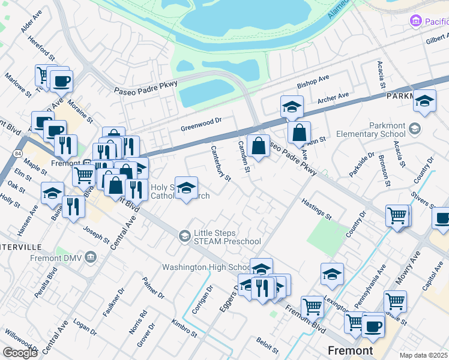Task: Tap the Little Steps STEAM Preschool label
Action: [x=227, y=237]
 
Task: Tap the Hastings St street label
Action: [x=316, y=209]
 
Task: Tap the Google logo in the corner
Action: [x=20, y=352]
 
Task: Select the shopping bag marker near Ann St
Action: [x=299, y=133]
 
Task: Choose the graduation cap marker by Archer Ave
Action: [x=292, y=107]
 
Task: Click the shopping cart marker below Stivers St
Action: [x=397, y=215]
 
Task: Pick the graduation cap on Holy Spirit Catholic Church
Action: [x=186, y=187]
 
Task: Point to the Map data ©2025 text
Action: [x=423, y=355]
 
